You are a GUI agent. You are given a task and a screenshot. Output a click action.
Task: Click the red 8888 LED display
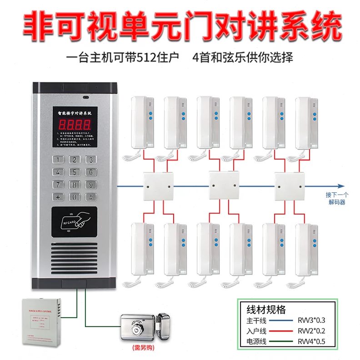(74, 124)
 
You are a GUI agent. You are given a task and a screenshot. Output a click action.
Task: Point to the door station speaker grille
(74, 263)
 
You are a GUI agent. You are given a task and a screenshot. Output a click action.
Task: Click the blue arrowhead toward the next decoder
(339, 186)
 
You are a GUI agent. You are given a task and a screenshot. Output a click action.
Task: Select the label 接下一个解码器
(337, 198)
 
